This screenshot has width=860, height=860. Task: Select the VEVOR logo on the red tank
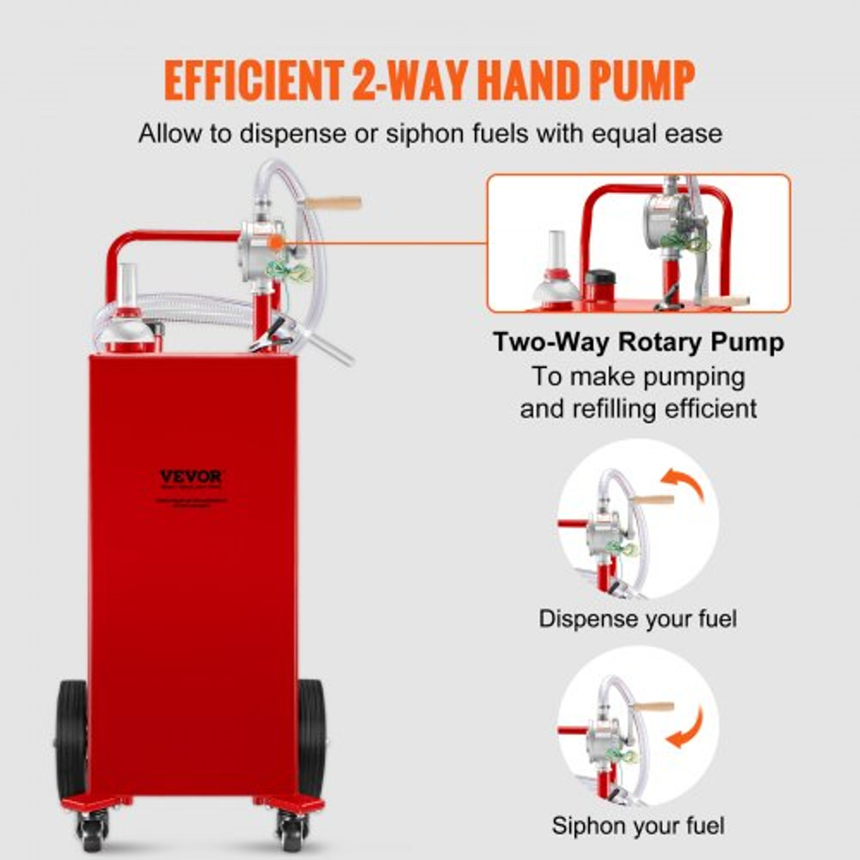coord(191,476)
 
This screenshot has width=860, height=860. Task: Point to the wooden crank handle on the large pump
coord(333,204)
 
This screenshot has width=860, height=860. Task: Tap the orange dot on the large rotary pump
coord(274,243)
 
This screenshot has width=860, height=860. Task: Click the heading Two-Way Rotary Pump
coord(638,342)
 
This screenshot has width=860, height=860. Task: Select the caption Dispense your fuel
coord(638,618)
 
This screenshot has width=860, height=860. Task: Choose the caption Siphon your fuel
coord(638,826)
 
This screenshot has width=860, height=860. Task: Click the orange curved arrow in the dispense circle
coord(685,485)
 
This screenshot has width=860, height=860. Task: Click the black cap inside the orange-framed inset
coord(599,285)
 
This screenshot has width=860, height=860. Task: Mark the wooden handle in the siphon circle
coord(654,707)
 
